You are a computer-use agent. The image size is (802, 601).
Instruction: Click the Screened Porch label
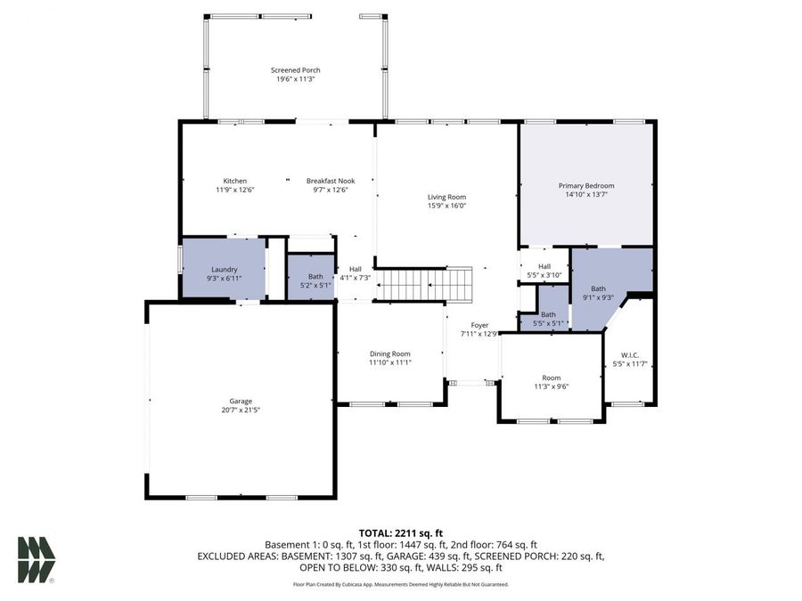pyautogui.click(x=296, y=70)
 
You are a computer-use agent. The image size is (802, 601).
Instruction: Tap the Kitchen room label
pyautogui.click(x=235, y=181)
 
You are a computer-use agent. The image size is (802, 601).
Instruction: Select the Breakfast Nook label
pyautogui.click(x=331, y=181)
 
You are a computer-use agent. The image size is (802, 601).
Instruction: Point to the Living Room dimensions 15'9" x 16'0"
pyautogui.click(x=446, y=206)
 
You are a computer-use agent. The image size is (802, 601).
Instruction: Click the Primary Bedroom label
pyautogui.click(x=586, y=185)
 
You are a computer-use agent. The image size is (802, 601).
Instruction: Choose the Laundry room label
pyautogui.click(x=224, y=270)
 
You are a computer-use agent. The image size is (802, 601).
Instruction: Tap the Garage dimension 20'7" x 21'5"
pyautogui.click(x=241, y=410)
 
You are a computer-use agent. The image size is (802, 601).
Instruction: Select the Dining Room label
pyautogui.click(x=390, y=353)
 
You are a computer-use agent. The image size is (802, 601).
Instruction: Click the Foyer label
pyautogui.click(x=479, y=326)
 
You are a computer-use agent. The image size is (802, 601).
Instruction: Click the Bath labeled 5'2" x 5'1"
pyautogui.click(x=315, y=277)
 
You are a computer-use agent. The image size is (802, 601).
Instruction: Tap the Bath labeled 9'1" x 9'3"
pyautogui.click(x=598, y=288)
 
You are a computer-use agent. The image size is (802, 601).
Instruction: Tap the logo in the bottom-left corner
pyautogui.click(x=36, y=560)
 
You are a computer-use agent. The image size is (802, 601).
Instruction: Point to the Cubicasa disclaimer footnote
pyautogui.click(x=401, y=585)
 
